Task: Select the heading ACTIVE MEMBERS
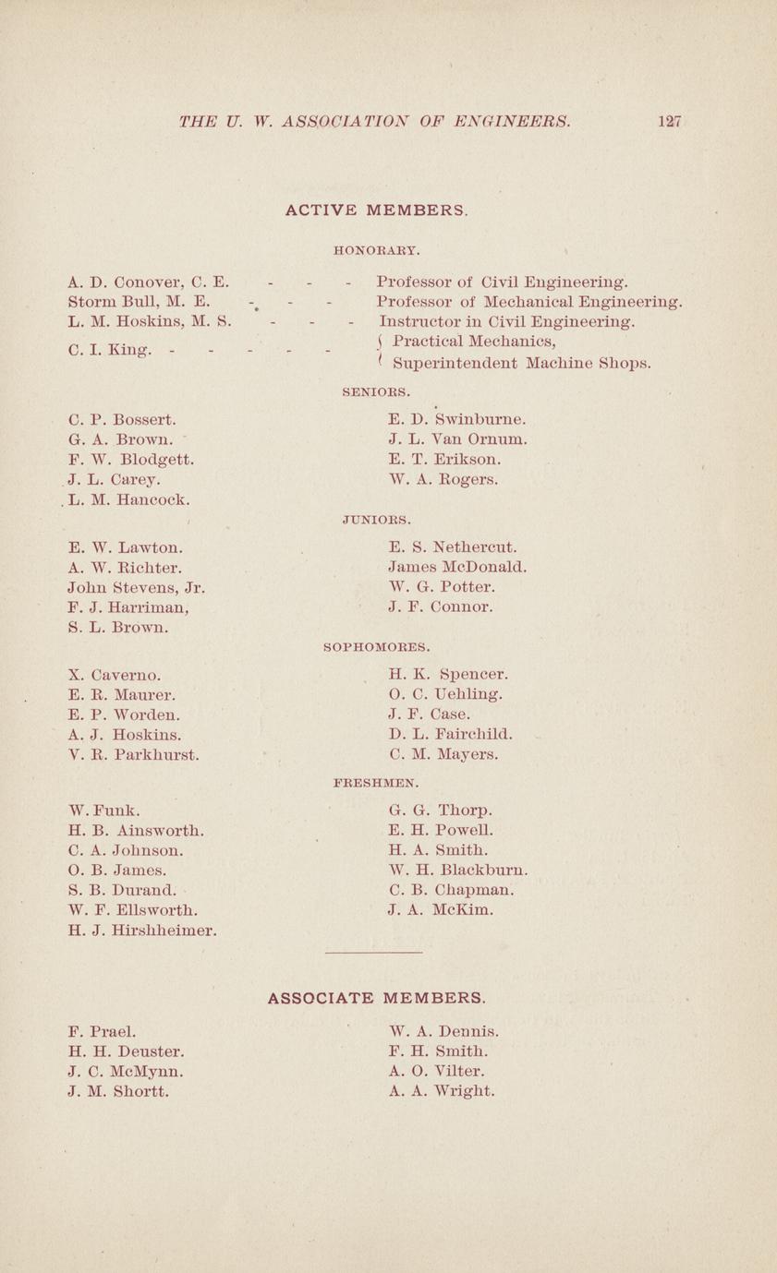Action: [x=376, y=210]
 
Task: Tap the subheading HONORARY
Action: [x=376, y=249]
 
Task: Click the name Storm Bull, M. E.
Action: [x=140, y=301]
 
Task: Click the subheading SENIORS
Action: [x=376, y=392]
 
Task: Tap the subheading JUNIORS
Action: [x=376, y=520]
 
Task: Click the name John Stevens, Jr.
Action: [x=137, y=587]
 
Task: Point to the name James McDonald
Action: [x=458, y=567]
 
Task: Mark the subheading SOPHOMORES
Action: [x=376, y=647]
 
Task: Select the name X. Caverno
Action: [x=115, y=675]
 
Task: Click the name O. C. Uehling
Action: [x=446, y=694]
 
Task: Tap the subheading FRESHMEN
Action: [x=376, y=783]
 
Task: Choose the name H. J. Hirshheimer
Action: [x=143, y=931]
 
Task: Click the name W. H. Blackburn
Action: [x=459, y=870]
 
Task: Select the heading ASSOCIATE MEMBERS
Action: [x=376, y=998]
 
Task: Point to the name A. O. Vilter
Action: [x=437, y=1071]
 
